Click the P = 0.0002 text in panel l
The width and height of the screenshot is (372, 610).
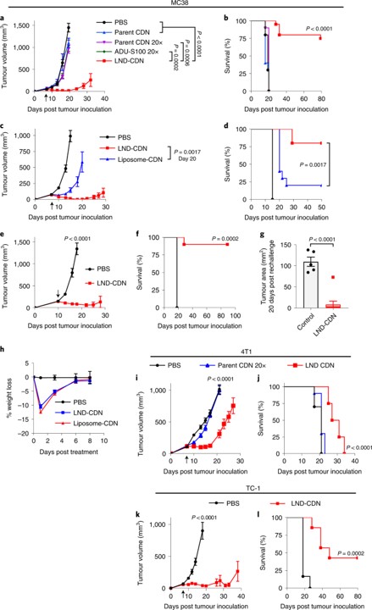click(x=339, y=552)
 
